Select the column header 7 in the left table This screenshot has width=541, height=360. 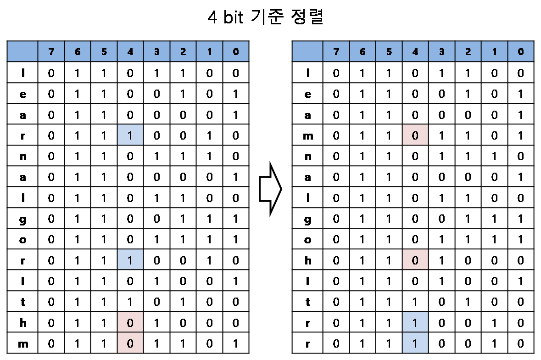point(51,52)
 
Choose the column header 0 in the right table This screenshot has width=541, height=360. point(520,52)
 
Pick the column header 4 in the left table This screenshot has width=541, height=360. point(130,52)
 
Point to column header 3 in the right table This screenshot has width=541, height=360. point(441,52)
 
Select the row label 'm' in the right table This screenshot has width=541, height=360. point(308,136)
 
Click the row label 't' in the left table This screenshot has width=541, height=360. point(22,302)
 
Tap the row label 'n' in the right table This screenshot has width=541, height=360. point(308,157)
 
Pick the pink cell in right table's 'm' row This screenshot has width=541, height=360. point(415,136)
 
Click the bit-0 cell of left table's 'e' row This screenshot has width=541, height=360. point(235,94)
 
